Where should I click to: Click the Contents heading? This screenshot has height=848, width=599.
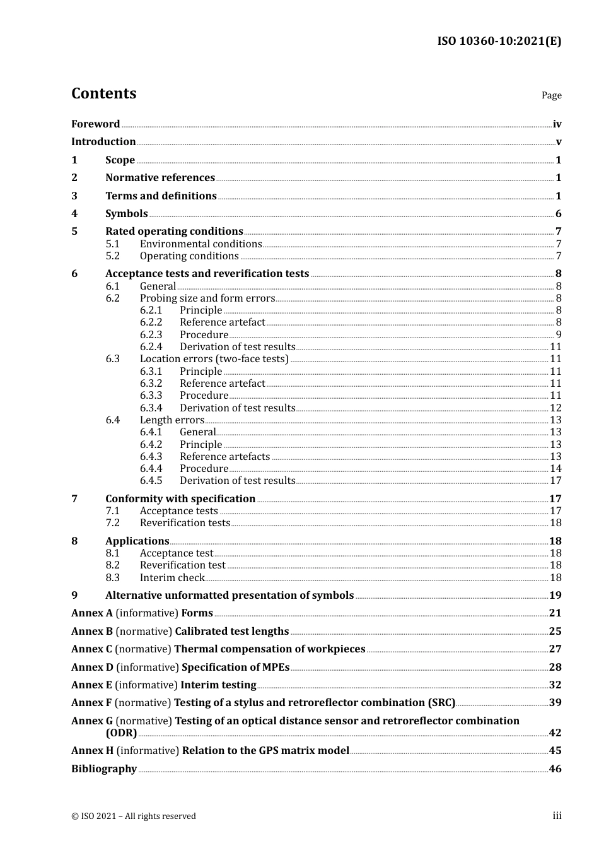click(x=103, y=93)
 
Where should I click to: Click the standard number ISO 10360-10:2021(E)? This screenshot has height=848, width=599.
click(x=499, y=42)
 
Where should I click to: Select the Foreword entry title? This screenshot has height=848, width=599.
click(x=95, y=124)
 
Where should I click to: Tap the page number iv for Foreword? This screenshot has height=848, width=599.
click(x=557, y=124)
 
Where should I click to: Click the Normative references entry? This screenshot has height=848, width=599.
click(x=160, y=178)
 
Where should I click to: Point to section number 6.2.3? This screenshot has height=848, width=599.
click(x=151, y=335)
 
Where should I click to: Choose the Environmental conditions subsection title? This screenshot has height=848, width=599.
click(x=201, y=244)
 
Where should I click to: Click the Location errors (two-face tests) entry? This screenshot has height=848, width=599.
click(x=214, y=359)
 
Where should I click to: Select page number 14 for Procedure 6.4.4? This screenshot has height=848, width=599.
click(x=555, y=469)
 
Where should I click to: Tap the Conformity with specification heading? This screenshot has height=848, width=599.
click(x=180, y=499)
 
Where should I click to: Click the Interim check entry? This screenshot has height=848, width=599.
click(x=172, y=578)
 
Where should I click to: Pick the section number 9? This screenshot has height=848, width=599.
click(x=74, y=596)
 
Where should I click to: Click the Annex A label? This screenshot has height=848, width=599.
click(x=92, y=613)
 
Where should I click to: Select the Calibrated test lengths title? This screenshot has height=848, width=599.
click(x=231, y=632)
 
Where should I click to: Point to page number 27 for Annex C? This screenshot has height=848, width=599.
click(x=555, y=649)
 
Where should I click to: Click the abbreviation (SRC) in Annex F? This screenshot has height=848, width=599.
click(x=441, y=703)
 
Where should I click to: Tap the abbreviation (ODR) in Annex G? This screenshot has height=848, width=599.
click(x=121, y=733)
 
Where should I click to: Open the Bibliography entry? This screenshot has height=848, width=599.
click(x=104, y=769)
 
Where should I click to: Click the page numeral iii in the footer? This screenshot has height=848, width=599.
click(x=557, y=816)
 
